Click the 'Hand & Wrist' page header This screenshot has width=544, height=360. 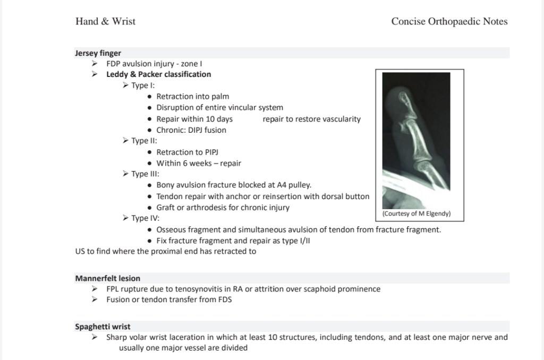point(105,22)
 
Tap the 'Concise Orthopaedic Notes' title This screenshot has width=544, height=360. point(449,22)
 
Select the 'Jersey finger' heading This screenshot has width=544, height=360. point(98,53)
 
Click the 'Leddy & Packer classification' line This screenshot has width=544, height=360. point(158,74)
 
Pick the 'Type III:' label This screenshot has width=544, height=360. point(146,174)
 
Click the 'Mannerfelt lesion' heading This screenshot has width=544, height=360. point(107,278)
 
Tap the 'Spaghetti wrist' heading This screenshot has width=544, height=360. point(103,327)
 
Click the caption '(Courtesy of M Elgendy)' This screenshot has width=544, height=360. point(416,214)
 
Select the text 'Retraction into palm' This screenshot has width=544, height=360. point(192,97)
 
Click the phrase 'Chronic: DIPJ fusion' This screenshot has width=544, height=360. point(191,130)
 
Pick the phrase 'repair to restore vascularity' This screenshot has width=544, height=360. point(311,119)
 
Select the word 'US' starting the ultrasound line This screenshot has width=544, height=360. point(80,251)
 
